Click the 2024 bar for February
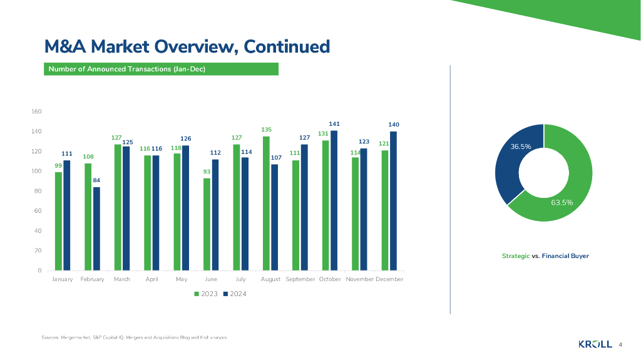pos(96,229)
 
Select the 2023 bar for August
pos(266,203)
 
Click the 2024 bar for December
pos(393,201)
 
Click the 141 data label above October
pos(334,124)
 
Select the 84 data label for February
pos(96,180)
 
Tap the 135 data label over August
pos(266,130)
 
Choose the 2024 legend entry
pos(235,294)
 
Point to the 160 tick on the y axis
pos(36,112)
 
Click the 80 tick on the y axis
pos(38,191)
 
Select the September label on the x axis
pos(300,279)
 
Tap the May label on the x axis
pos(182,279)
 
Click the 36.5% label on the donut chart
pos(521,147)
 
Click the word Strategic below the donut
pos(516,256)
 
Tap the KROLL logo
pos(595,344)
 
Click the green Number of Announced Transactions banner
pos(161,69)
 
